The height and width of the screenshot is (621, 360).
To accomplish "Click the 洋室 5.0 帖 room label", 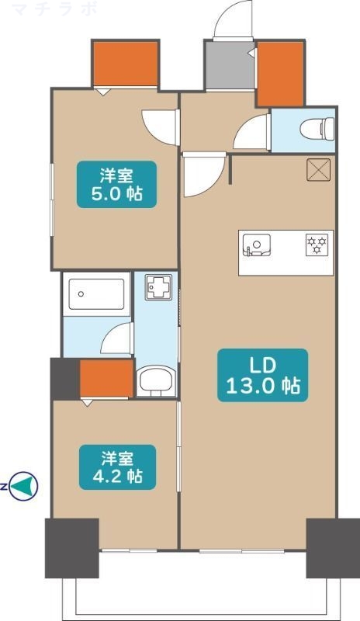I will (115, 183).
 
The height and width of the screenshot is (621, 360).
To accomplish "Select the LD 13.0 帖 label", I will (262, 374).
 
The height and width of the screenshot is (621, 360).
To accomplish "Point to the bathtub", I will (97, 294).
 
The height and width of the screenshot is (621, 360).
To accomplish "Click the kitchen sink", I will (254, 245).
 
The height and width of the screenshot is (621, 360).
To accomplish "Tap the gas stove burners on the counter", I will (317, 244).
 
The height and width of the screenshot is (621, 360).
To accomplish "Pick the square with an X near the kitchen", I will (319, 169).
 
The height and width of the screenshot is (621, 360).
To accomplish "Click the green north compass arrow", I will (26, 487).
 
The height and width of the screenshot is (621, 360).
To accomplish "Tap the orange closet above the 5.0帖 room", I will (125, 64).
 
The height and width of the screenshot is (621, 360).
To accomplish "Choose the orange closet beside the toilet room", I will (279, 73).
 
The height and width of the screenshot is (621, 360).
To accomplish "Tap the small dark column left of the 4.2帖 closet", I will (64, 379).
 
